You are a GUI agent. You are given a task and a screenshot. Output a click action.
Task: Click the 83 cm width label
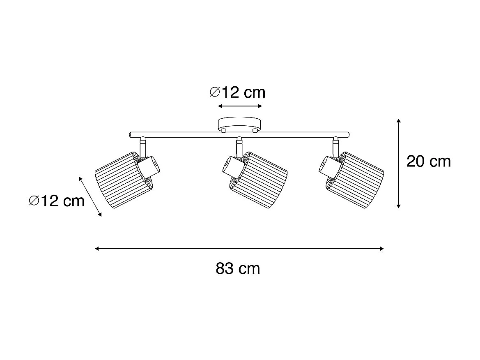238,269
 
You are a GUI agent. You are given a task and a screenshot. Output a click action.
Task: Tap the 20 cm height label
428,162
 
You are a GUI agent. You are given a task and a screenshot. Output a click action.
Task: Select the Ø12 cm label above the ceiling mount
237,93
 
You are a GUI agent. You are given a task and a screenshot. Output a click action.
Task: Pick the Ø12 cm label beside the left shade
57,201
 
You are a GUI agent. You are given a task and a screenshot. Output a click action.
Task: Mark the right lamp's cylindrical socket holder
329,166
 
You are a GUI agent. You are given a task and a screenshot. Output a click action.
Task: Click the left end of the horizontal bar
131,134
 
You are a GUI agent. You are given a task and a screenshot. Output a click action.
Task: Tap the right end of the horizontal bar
347,134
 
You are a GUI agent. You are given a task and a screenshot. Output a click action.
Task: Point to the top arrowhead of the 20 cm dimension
398,121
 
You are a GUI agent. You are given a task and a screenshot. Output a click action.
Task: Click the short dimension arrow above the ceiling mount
240,106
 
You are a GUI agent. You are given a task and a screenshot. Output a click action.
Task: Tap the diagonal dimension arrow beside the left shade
90,196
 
